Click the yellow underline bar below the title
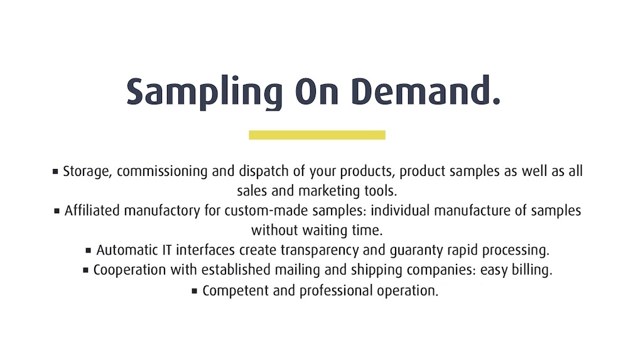(317, 135)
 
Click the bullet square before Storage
(55, 171)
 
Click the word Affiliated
(92, 210)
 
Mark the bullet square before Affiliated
(57, 210)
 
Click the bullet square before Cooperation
(85, 270)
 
